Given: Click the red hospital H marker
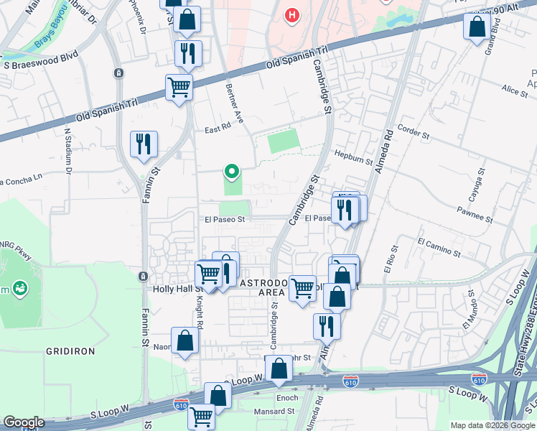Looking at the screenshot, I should [291, 15].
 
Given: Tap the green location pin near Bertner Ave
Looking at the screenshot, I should [231, 172].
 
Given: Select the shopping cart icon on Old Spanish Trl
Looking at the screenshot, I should [179, 88].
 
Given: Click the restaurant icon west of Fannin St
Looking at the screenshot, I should [144, 144].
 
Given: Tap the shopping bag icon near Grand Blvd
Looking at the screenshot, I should [477, 28].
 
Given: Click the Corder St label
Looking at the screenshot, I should [413, 134].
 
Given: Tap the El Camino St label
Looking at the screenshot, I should [439, 247].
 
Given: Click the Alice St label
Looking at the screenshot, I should [514, 91].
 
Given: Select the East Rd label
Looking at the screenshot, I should [216, 129].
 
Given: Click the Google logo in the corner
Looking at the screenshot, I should [24, 422].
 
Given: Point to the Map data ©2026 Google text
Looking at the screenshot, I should [492, 425].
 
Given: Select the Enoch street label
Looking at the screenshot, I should [287, 397].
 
